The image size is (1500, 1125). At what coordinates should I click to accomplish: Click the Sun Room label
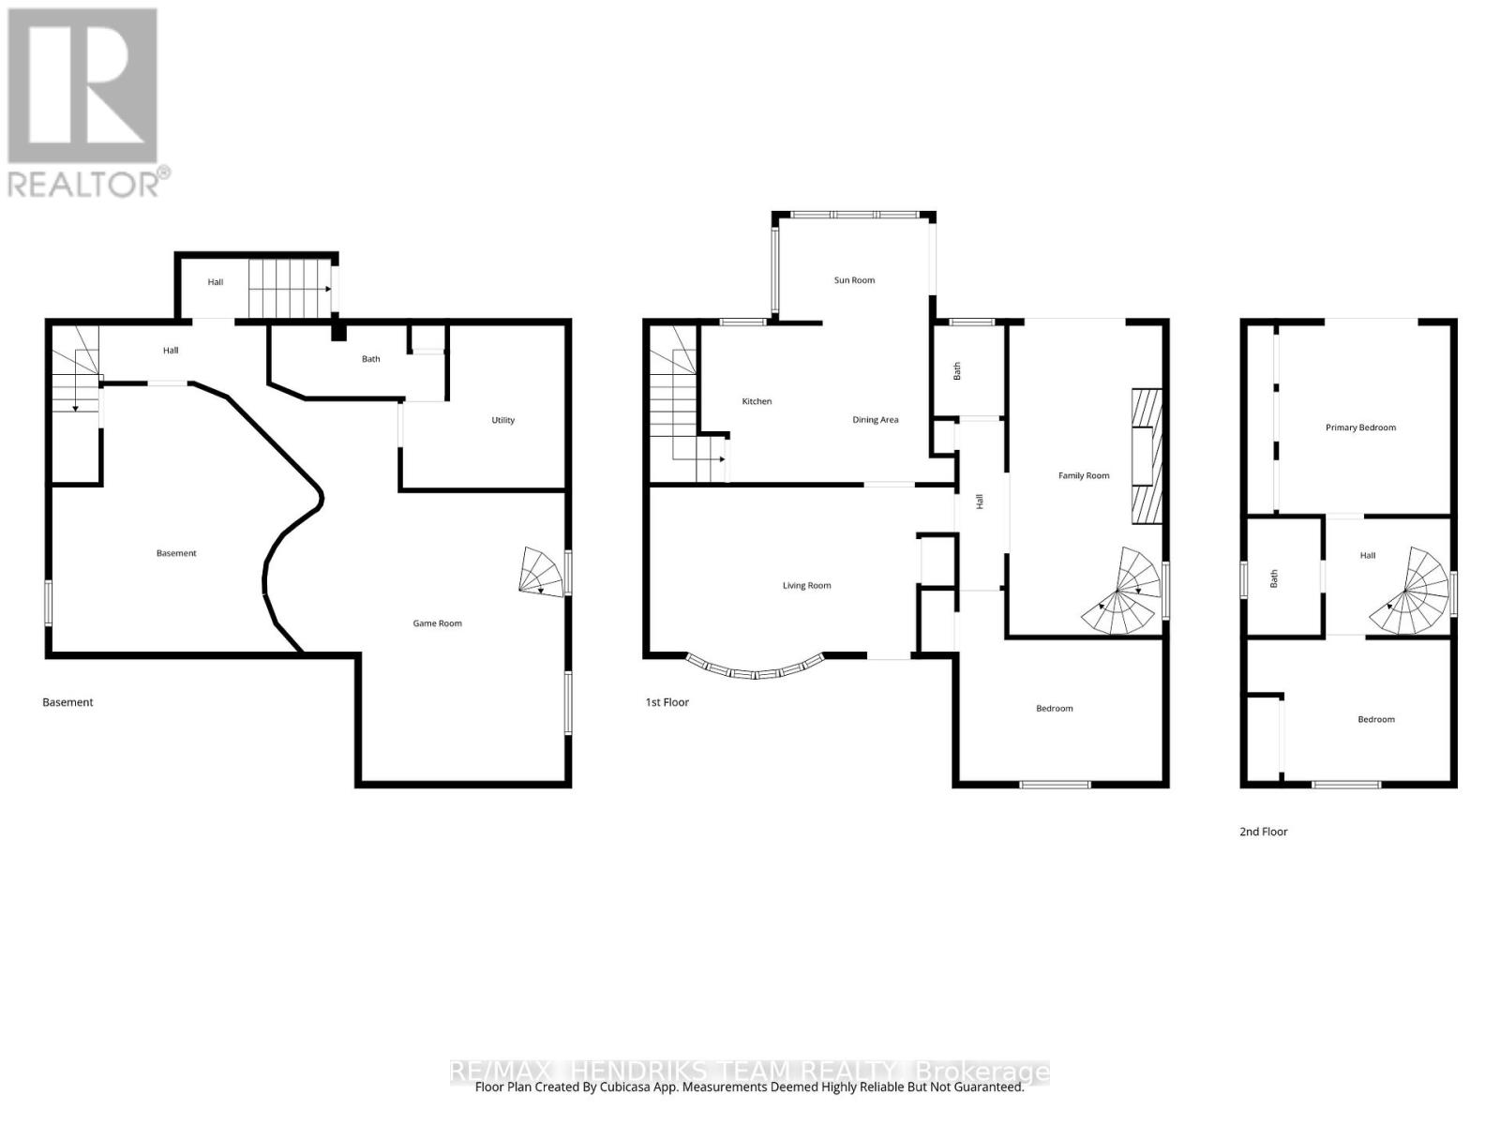[854, 280]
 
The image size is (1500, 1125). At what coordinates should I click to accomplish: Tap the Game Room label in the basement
[437, 623]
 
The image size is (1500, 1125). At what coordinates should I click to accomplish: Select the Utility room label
[502, 420]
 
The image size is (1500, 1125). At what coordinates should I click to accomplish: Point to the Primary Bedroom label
[1360, 427]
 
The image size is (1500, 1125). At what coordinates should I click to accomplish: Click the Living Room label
[806, 586]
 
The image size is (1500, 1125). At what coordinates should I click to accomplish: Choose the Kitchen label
[757, 401]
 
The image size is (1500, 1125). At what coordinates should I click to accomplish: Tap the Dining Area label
[875, 420]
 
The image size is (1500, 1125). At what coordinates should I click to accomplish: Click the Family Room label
[1083, 476]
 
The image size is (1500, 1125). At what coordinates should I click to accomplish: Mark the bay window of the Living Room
[756, 669]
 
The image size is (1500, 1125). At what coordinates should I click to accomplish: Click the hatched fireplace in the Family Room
[1146, 456]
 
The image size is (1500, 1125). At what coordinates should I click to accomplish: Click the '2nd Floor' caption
[1263, 832]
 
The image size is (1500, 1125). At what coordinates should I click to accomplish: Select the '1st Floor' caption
[667, 702]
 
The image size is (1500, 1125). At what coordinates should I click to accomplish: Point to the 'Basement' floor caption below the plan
[67, 702]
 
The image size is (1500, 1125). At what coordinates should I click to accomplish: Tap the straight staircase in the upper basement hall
[289, 289]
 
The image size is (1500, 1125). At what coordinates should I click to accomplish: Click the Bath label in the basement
[370, 359]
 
